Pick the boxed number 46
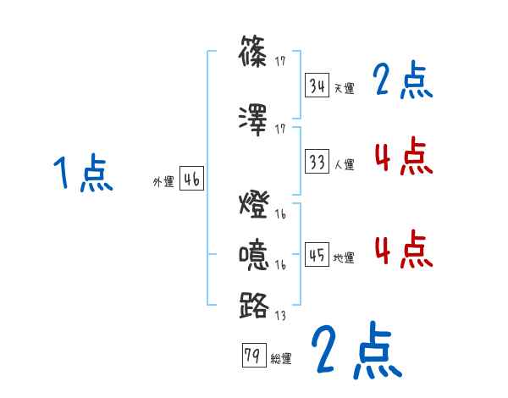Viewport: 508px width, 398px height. [x=191, y=179]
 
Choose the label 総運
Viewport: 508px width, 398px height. [x=280, y=359]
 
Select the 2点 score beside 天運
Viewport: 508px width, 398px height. [x=402, y=81]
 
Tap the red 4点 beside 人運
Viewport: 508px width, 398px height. [x=402, y=157]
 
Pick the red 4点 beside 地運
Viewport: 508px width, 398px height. [x=402, y=250]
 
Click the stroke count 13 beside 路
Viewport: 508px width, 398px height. [x=280, y=316]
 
